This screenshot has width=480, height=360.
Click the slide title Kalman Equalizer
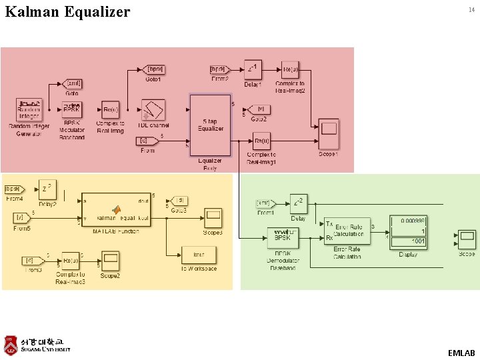point(67,12)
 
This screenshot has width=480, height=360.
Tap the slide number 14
point(471,10)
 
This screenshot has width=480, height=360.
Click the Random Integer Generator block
point(29,109)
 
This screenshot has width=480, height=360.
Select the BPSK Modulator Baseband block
point(72,109)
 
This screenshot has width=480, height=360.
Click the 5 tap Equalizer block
point(210,125)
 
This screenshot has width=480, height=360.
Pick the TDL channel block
point(153,110)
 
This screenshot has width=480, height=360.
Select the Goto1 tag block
point(154,69)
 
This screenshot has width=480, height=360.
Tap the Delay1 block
point(252,69)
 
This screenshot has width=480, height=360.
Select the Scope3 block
point(213,217)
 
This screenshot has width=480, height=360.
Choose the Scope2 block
point(111,258)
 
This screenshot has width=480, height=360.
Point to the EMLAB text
point(461,352)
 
